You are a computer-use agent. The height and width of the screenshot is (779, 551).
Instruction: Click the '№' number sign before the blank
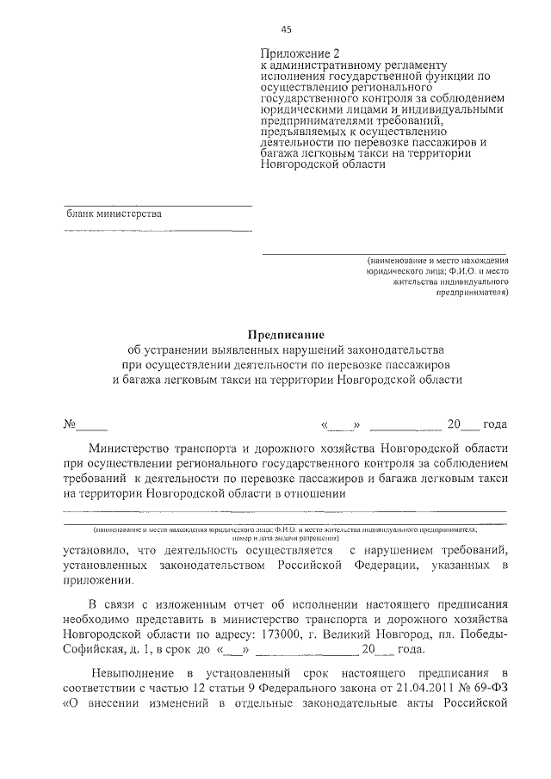click(x=71, y=424)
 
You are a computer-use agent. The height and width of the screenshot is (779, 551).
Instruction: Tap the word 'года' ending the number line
click(x=494, y=424)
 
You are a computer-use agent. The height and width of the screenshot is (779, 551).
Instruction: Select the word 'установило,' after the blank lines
click(x=96, y=549)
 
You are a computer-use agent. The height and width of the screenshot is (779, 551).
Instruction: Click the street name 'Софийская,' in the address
click(x=98, y=650)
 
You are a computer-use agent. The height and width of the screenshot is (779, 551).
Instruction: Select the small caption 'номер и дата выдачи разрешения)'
click(x=285, y=538)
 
